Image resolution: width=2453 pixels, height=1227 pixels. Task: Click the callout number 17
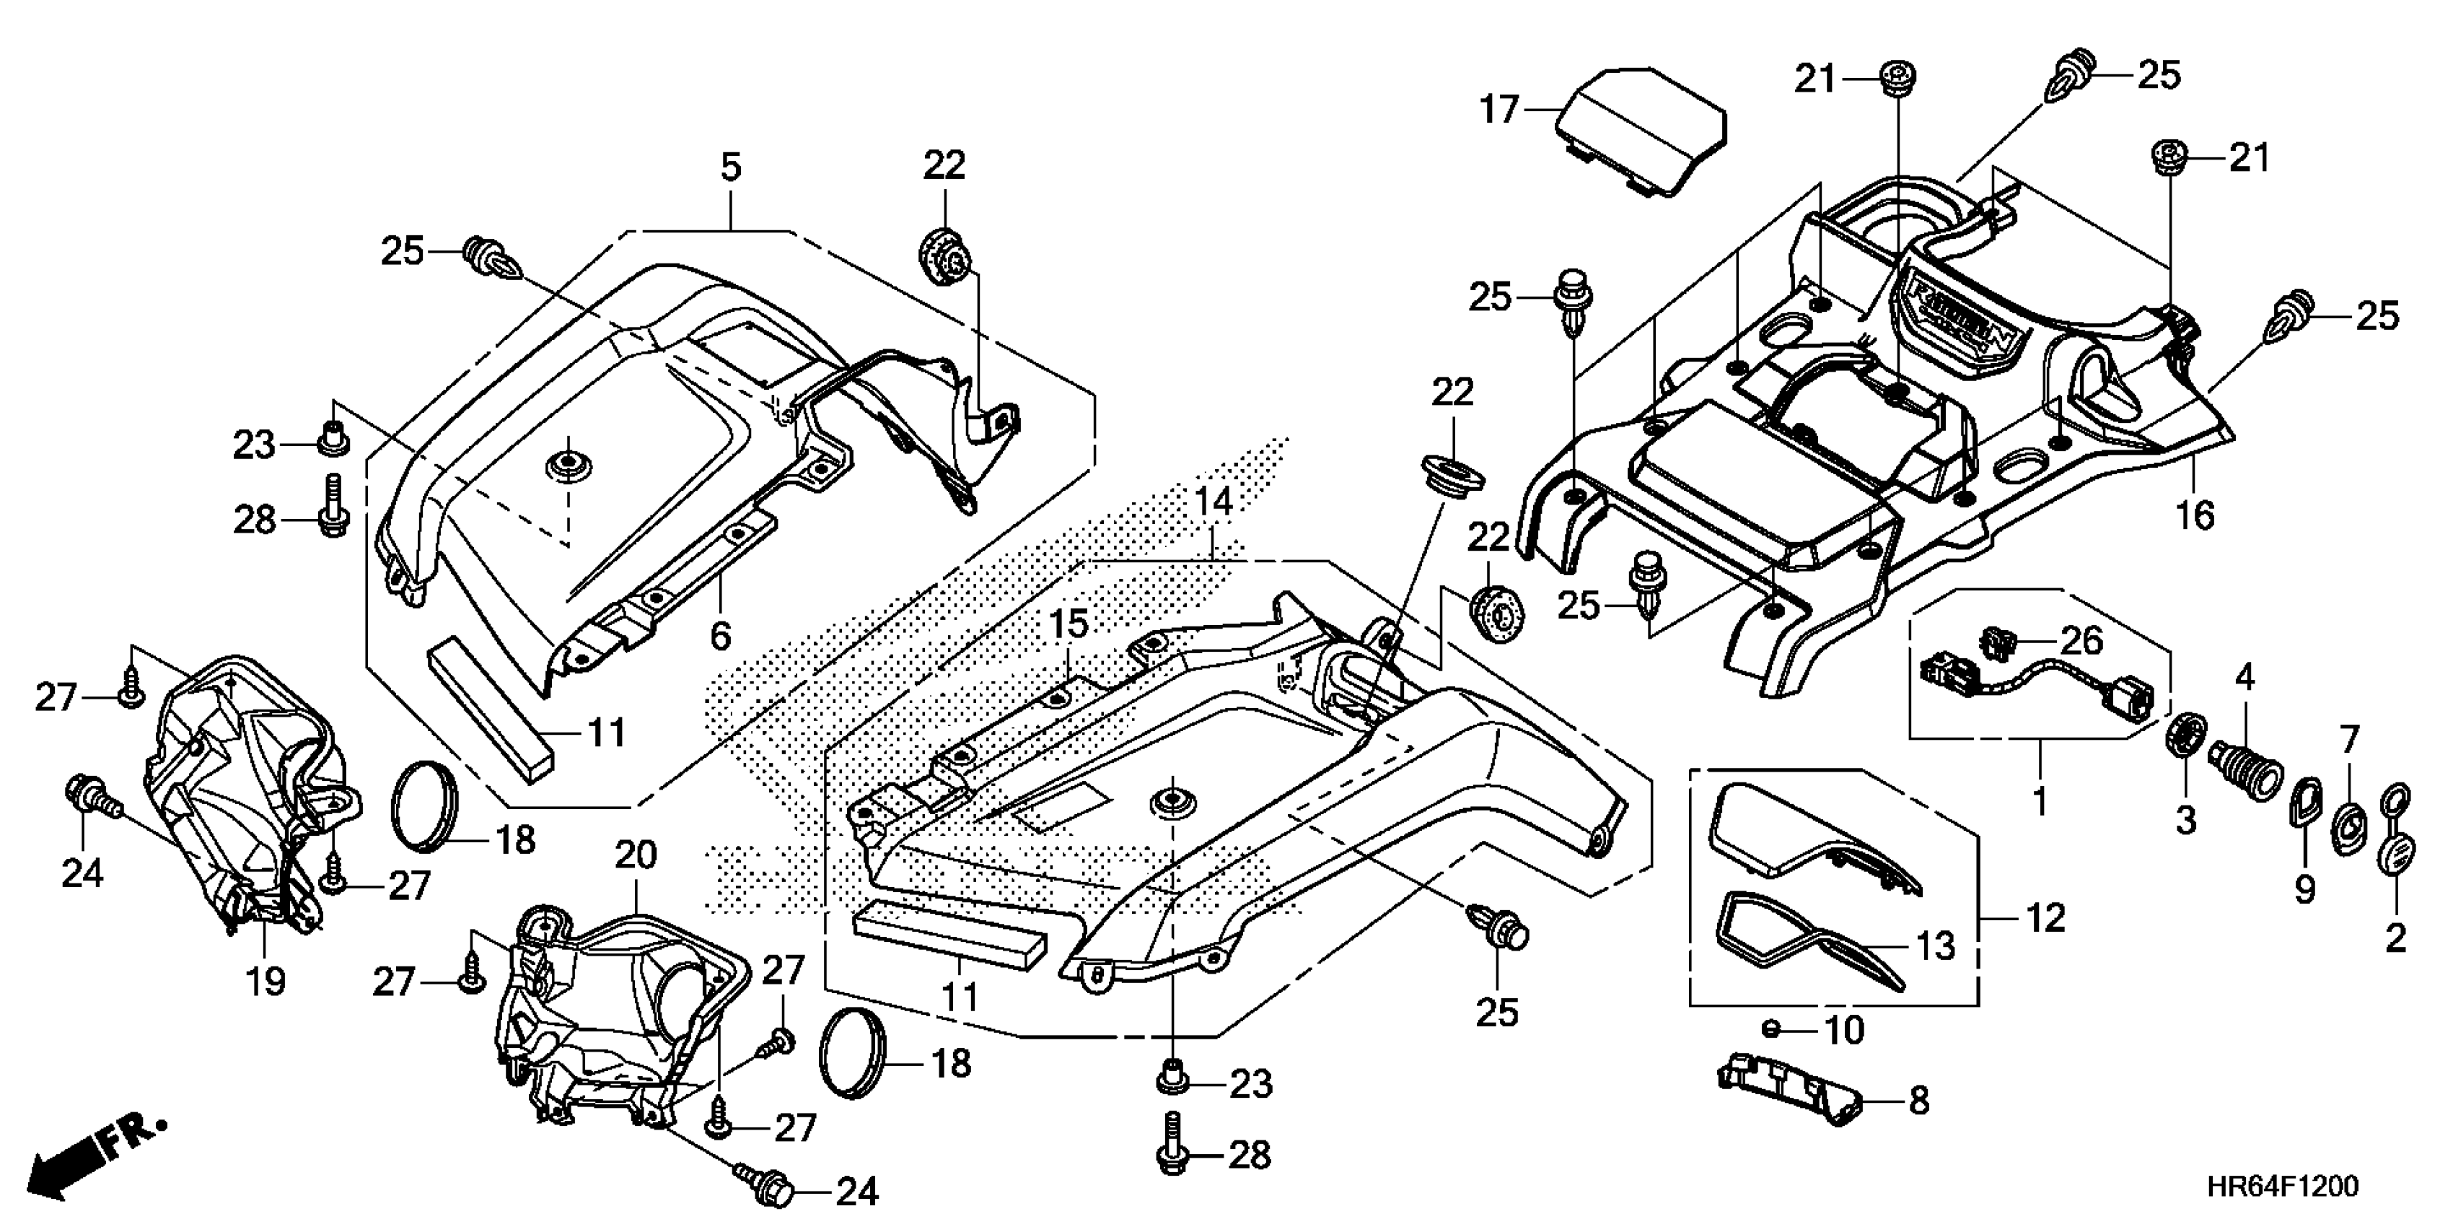1498,110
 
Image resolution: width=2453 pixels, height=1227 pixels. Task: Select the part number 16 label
2195,515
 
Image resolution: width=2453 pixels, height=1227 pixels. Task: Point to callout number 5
729,167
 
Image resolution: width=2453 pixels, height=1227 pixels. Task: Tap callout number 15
1068,625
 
